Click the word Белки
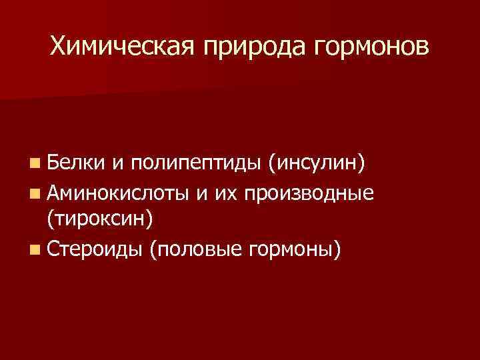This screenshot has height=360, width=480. [x=73, y=161]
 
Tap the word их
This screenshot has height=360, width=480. [x=228, y=193]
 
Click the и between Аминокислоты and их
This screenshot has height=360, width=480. [x=202, y=193]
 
